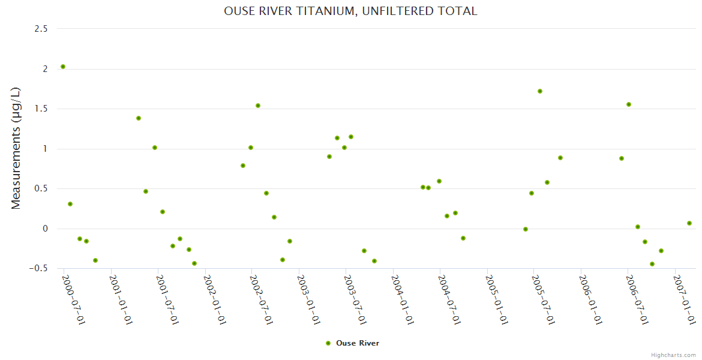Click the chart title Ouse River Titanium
pos(350,11)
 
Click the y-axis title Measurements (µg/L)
pos(16,148)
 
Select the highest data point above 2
pos(63,67)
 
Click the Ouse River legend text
pos(358,343)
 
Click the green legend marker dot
pos(328,343)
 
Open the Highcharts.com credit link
pos(673,355)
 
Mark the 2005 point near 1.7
pos(540,91)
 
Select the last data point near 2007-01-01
pos(689,223)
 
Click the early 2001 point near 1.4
pos(139,118)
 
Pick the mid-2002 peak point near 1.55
pos(258,106)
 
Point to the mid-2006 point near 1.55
pos(629,104)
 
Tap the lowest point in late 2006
pos(652,264)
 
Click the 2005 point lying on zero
pos(526,229)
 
